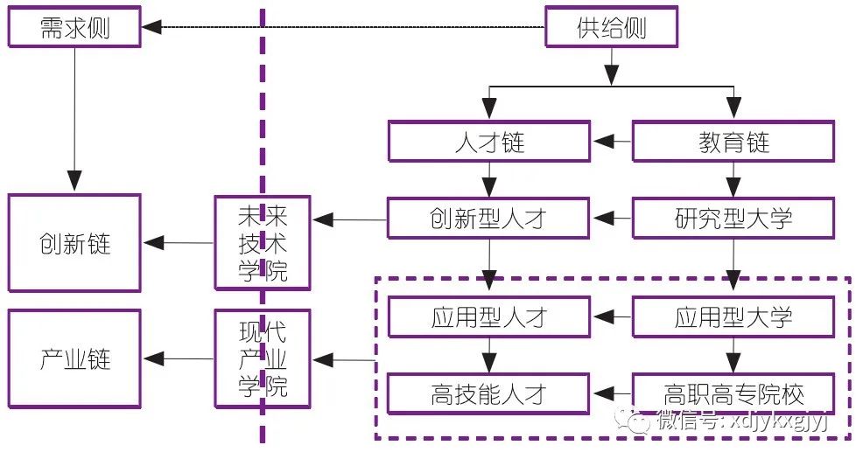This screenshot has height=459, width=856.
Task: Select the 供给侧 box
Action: pyautogui.click(x=611, y=28)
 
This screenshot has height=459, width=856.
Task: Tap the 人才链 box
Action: pyautogui.click(x=489, y=142)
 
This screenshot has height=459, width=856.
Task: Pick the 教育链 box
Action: pyautogui.click(x=733, y=142)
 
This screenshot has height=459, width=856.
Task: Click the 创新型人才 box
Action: pyautogui.click(x=489, y=218)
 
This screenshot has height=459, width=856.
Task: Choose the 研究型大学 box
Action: pyautogui.click(x=733, y=218)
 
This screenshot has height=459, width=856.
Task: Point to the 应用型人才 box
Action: pyautogui.click(x=489, y=316)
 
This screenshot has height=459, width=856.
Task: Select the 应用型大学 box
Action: pyautogui.click(x=733, y=316)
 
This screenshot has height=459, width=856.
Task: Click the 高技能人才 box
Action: pyautogui.click(x=489, y=393)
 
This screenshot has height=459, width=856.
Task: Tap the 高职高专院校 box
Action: pyautogui.click(x=733, y=393)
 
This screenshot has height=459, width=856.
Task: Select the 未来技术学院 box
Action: pyautogui.click(x=263, y=243)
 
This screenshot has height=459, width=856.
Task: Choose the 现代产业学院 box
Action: pyautogui.click(x=263, y=358)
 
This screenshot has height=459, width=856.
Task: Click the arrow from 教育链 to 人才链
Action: pyautogui.click(x=612, y=142)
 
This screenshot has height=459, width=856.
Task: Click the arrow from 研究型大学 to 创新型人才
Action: pyautogui.click(x=612, y=218)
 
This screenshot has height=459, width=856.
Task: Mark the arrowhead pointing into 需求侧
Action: pyautogui.click(x=151, y=28)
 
